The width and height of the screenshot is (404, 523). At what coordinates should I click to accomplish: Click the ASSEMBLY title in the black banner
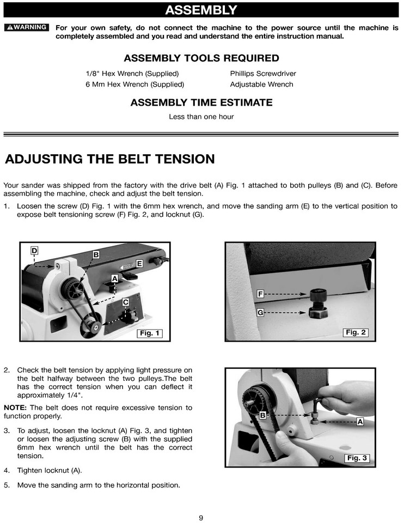click(201, 10)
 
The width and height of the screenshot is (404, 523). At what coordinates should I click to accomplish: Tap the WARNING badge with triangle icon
click(26, 27)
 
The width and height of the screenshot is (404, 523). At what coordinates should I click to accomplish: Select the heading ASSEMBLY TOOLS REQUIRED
click(201, 58)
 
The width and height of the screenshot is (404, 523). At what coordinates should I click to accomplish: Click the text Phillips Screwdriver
click(263, 74)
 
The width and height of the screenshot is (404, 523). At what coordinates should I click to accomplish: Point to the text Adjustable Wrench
click(261, 84)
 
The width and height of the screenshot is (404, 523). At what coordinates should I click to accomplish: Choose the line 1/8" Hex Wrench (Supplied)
click(132, 74)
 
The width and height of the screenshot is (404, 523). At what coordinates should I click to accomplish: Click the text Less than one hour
click(201, 117)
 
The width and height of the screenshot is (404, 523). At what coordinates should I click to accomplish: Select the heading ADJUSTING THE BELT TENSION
click(110, 159)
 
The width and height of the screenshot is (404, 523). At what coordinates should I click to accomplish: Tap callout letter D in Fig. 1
click(34, 251)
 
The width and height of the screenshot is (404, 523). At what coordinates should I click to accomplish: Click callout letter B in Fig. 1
click(96, 254)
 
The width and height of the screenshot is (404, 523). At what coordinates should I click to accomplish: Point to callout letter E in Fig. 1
click(139, 264)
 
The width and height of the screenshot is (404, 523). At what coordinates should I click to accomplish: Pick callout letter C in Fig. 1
click(125, 302)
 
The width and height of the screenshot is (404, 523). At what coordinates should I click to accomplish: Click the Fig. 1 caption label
click(149, 333)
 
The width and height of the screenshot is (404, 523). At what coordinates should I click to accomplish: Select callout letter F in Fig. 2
click(260, 294)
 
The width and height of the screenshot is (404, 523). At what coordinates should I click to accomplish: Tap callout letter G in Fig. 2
click(260, 313)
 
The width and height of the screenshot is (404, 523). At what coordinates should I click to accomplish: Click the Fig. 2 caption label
click(356, 332)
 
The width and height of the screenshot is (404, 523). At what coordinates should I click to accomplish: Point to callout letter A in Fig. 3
click(360, 422)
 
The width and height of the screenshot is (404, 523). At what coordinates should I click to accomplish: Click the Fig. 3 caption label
click(357, 458)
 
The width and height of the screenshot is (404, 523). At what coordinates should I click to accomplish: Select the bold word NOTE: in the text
click(15, 408)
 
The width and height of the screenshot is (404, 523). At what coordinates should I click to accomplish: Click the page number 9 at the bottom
click(201, 518)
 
